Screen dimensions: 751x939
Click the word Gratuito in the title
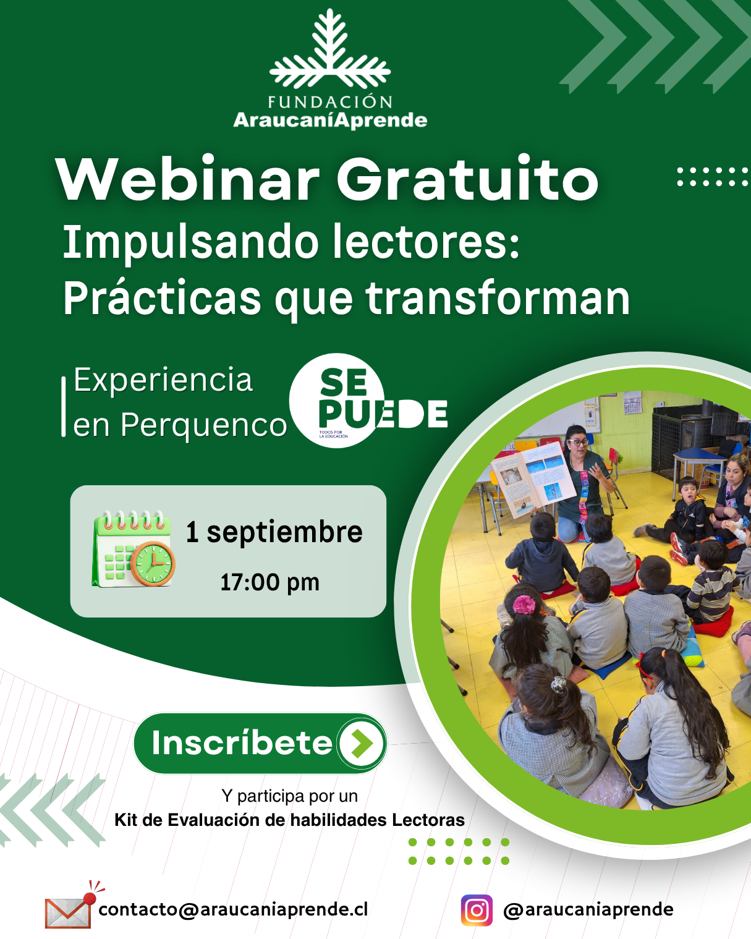[x=467, y=179]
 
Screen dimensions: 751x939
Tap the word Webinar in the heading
[x=188, y=179]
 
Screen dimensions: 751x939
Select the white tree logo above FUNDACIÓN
[x=330, y=49]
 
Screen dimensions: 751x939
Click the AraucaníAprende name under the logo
[x=330, y=121]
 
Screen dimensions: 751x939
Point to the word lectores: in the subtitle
[x=426, y=242]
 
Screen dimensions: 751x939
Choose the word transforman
[x=498, y=299]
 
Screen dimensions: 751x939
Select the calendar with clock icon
[x=134, y=549]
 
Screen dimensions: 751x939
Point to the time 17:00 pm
[x=269, y=582]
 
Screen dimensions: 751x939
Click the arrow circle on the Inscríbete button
[x=362, y=743]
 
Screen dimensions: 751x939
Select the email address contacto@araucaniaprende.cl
[x=234, y=909]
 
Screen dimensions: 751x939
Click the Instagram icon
[x=477, y=910]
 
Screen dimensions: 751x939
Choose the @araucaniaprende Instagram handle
[x=588, y=910]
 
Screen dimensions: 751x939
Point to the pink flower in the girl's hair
[x=524, y=605]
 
